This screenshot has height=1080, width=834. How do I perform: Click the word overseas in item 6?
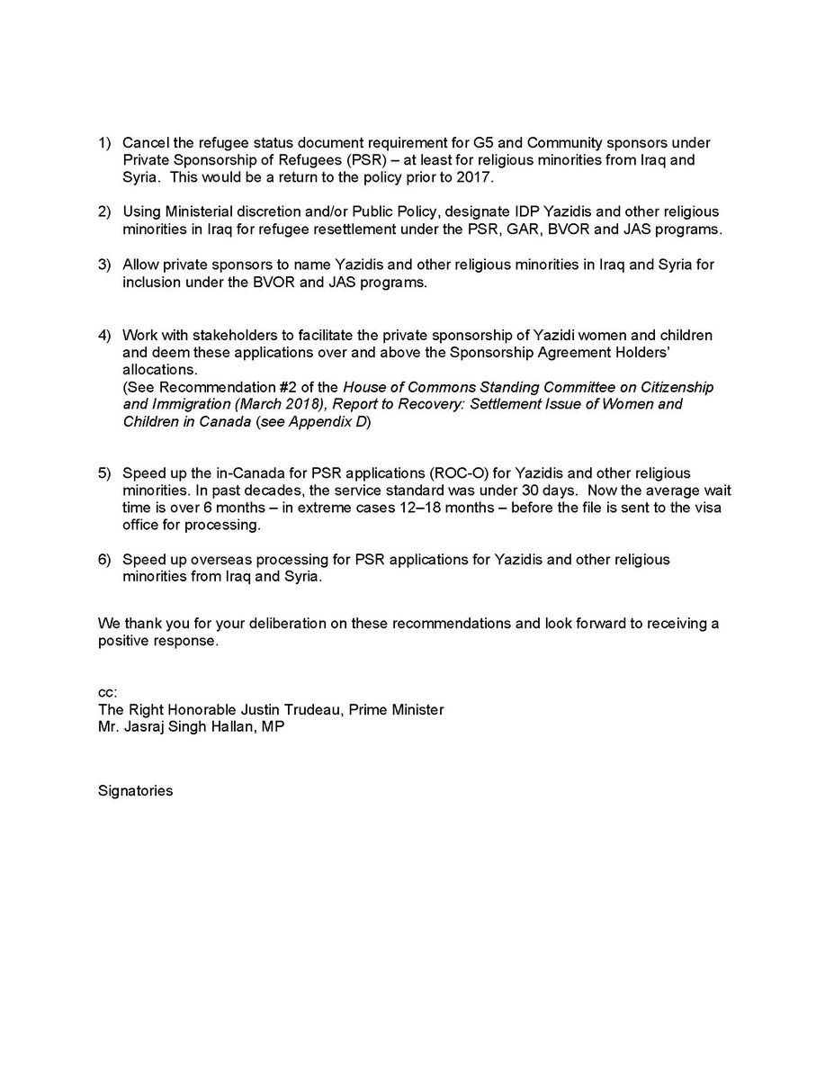coord(216,559)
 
